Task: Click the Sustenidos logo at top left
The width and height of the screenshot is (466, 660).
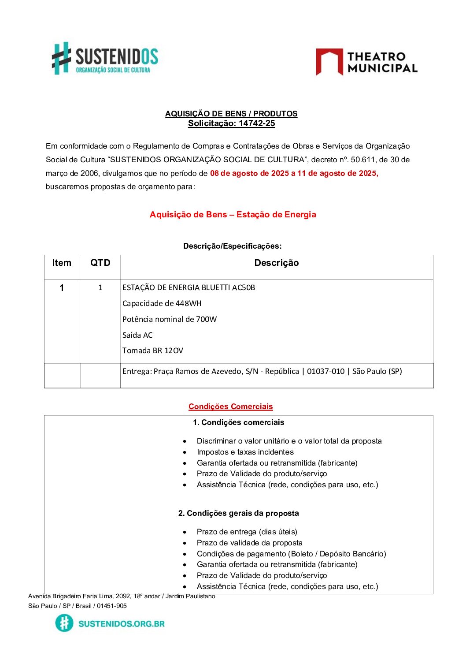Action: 105,58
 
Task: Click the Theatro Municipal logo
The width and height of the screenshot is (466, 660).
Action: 366,62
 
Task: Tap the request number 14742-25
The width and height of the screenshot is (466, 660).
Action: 257,123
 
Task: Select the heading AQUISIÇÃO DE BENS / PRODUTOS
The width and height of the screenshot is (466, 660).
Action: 231,114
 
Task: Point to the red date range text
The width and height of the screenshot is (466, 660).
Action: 294,173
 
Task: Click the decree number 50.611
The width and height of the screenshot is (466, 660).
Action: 362,160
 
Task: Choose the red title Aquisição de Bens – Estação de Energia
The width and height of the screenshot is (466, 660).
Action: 233,215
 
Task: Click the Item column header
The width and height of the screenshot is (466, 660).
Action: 62,263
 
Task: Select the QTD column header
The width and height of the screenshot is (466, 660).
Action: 100,263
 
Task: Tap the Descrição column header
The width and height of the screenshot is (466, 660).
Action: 276,263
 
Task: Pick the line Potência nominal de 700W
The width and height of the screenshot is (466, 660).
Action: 170,319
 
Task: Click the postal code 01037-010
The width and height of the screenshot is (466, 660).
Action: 325,371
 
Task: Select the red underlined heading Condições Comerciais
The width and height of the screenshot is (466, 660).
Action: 231,406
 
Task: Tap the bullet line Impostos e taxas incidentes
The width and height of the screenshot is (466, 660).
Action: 245,452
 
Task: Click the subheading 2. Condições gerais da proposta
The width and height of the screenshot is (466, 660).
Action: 238,513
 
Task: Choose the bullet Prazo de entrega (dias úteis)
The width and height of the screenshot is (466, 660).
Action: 247,532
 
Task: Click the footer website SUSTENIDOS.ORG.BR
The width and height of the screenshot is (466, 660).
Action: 121,623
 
